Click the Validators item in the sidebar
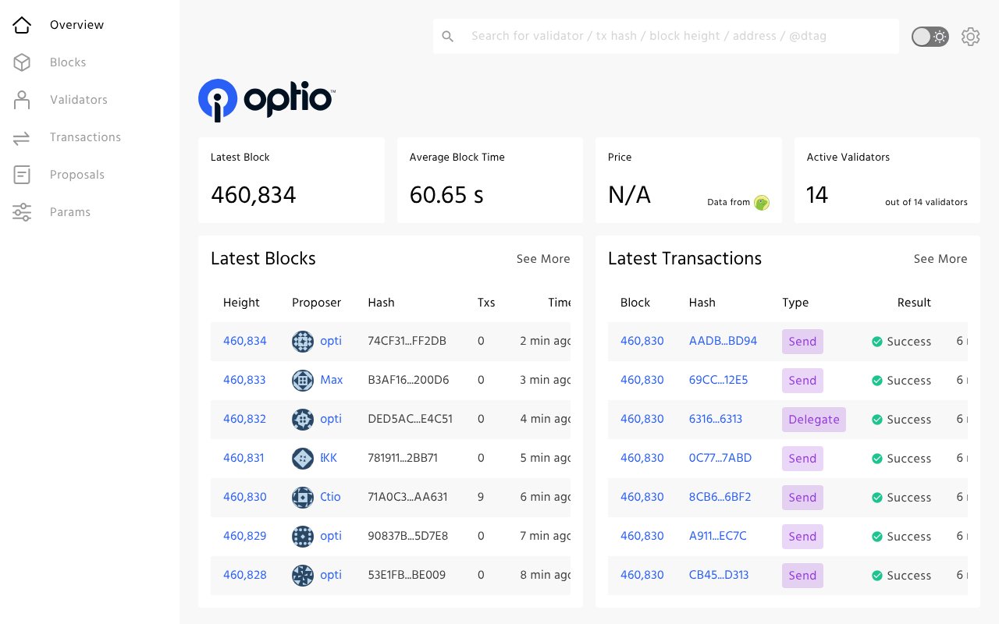coord(78,100)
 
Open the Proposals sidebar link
coord(76,175)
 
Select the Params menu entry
coord(69,212)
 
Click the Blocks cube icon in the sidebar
coord(22,62)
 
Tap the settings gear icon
coord(970,37)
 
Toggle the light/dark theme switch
coord(930,37)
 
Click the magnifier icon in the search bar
coord(448,37)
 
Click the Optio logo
coord(266,100)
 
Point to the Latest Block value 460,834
coord(254,195)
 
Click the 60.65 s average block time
coord(446,195)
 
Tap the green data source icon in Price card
coord(762,203)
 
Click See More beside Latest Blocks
coord(542,259)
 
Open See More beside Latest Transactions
coord(940,259)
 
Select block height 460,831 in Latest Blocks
coord(244,458)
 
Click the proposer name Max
coord(331,380)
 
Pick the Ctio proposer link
coord(330,497)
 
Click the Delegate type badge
coord(813,420)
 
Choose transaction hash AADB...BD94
coord(723,341)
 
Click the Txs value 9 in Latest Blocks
coord(481,497)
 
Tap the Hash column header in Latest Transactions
coord(702,303)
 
